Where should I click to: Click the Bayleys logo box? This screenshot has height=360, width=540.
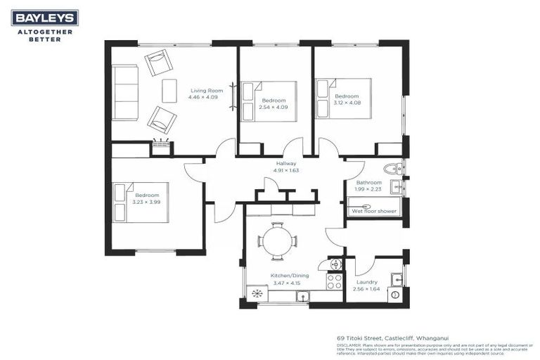[x=44, y=18]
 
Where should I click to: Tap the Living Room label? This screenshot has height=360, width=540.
[x=207, y=90]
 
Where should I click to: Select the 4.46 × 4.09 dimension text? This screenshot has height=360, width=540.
[x=202, y=97]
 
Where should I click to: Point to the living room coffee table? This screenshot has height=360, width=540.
[x=169, y=91]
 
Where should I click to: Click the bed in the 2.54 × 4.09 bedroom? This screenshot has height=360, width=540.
[x=269, y=101]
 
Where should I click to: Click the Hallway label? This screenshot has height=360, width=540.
[x=286, y=163]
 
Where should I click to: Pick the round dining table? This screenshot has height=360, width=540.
[x=277, y=241]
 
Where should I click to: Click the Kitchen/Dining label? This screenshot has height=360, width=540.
[x=285, y=276]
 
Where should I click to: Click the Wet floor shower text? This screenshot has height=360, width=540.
[x=374, y=210]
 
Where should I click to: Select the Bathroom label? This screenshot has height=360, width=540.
[x=368, y=182]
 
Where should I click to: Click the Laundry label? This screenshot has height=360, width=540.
[x=367, y=282]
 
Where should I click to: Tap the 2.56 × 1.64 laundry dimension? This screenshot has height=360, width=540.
[x=367, y=289]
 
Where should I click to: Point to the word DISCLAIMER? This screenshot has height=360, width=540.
[x=349, y=345]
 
